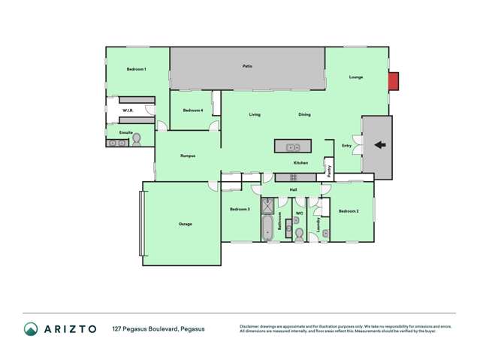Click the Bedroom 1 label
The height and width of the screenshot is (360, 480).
tap(136, 69)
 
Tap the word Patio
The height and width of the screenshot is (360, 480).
tap(247, 66)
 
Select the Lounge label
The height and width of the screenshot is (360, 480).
tap(356, 77)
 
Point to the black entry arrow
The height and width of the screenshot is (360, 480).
tap(379, 146)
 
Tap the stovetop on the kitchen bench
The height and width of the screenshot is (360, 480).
tap(286, 177)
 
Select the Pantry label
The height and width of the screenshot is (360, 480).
tap(329, 171)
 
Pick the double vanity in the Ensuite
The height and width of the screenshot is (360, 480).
tap(116, 142)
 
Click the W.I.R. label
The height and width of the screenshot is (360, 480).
tap(128, 110)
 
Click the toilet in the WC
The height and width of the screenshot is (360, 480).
tap(299, 234)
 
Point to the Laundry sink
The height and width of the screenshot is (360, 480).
tap(325, 234)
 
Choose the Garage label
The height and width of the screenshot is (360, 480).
tap(185, 224)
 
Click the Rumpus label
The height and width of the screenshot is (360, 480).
tap(188, 156)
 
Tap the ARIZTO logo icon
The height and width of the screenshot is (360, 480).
tap(31, 328)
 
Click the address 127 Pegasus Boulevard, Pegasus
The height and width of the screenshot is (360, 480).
tap(158, 328)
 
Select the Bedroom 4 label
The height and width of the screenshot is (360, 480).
tap(193, 110)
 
